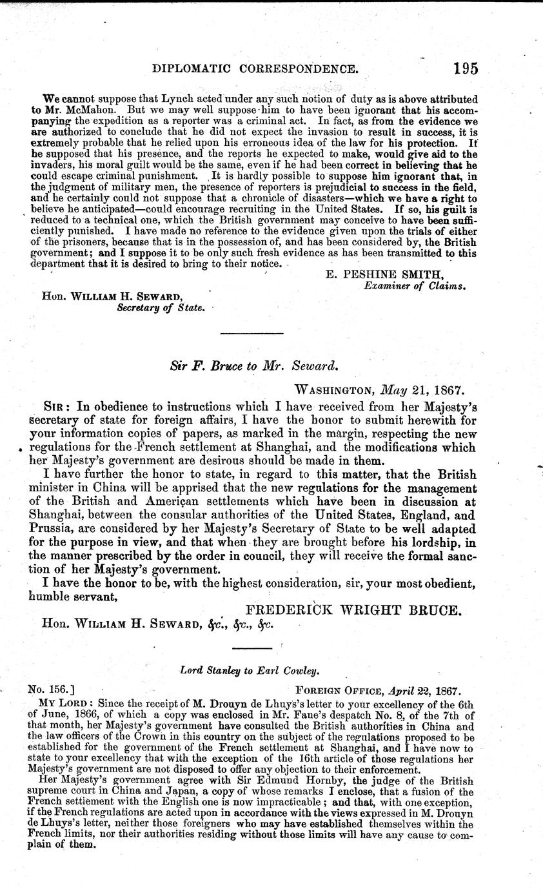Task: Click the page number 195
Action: pos(466,68)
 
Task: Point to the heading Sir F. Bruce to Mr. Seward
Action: pos(252,365)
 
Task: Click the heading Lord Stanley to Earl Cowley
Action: pos(237,671)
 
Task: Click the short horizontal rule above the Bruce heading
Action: pos(252,334)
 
